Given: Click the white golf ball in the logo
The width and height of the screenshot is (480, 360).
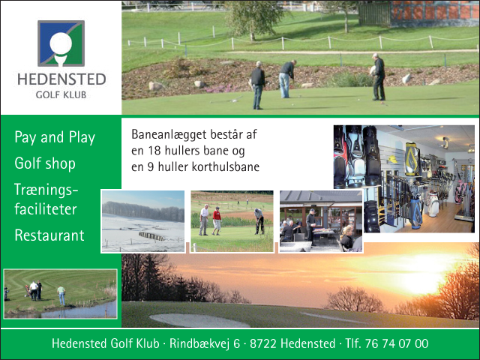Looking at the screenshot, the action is pos(61,43).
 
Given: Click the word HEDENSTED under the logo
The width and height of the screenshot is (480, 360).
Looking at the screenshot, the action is pos(61,79).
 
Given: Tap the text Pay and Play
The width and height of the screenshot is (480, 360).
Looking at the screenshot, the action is pos(55,137).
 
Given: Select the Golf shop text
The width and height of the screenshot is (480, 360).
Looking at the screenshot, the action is pos(45,163).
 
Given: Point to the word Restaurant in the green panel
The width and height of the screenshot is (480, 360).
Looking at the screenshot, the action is pos(49,235).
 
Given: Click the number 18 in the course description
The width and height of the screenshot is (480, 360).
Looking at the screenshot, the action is pos(155,151).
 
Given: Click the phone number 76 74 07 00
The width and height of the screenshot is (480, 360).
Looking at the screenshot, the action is pos(397,343).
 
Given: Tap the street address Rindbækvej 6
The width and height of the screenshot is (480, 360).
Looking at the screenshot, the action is pos(205,343).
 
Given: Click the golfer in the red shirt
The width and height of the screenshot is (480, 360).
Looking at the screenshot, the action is pos(217,220).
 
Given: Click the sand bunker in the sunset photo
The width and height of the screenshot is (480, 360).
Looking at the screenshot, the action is pos(199,320).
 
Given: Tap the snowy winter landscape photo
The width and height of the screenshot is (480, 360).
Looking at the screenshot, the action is pos(143,221).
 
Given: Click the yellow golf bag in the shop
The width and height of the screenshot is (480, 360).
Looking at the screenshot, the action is pos(412,159).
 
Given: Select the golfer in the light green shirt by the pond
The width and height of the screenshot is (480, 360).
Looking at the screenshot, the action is pos(61,295).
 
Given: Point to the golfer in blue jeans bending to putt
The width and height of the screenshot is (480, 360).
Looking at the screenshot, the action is pos(286,79).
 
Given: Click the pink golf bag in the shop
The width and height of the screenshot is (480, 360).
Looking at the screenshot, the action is pos(459,192).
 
